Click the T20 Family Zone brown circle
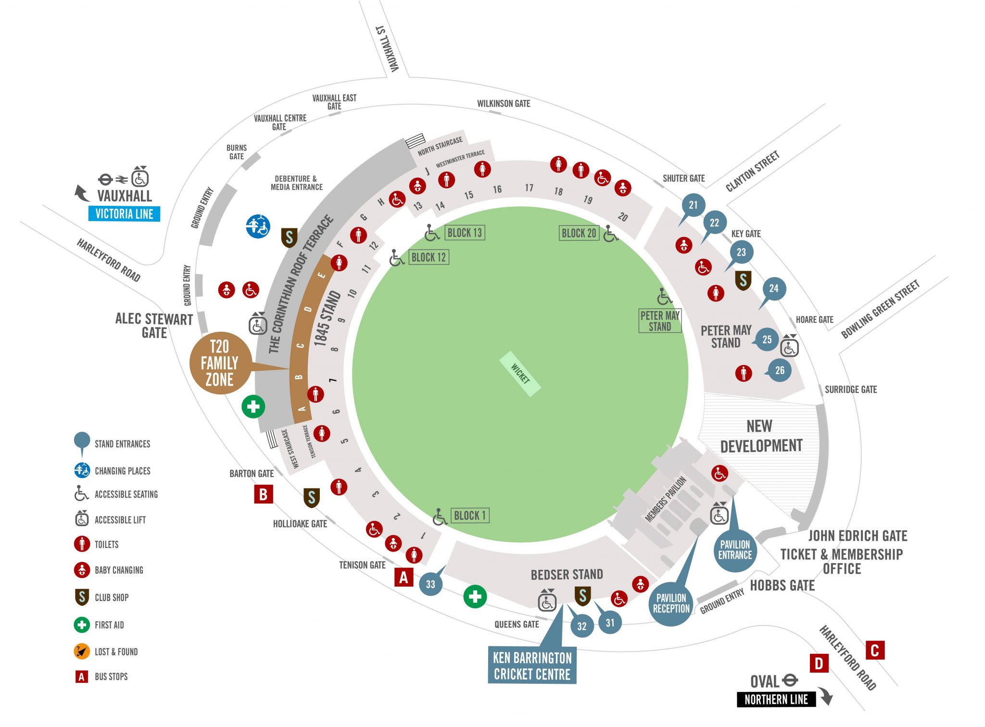click(x=220, y=363)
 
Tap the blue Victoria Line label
click(x=124, y=214)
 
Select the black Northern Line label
click(x=776, y=700)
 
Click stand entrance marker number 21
click(x=693, y=205)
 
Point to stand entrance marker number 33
click(x=430, y=584)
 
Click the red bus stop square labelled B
click(x=264, y=494)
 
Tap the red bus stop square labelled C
click(x=875, y=651)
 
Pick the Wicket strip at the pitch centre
click(x=520, y=374)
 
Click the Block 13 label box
click(x=465, y=233)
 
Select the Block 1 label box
click(x=470, y=516)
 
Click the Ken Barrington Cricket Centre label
click(x=532, y=666)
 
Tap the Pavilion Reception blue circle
click(x=671, y=603)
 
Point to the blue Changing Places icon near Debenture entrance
click(x=258, y=226)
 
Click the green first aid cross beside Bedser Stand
click(x=475, y=597)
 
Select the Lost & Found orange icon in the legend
click(x=82, y=652)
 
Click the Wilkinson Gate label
click(x=503, y=103)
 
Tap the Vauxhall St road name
click(x=388, y=49)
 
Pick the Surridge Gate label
click(x=850, y=389)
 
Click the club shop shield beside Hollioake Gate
click(x=311, y=498)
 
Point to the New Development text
click(x=761, y=436)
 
